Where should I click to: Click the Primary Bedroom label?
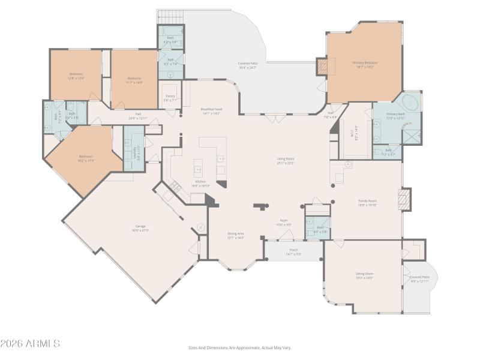click(365, 64)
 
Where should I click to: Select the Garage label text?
click(140, 229)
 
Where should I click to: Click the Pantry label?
click(170, 98)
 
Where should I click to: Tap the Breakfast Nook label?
click(211, 111)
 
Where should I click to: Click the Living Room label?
click(286, 160)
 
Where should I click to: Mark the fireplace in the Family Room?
click(406, 199)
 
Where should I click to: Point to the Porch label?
click(294, 251)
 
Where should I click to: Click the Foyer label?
click(284, 222)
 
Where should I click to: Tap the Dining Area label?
click(236, 235)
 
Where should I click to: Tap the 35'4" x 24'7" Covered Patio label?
click(247, 65)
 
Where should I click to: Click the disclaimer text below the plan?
click(240, 347)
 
